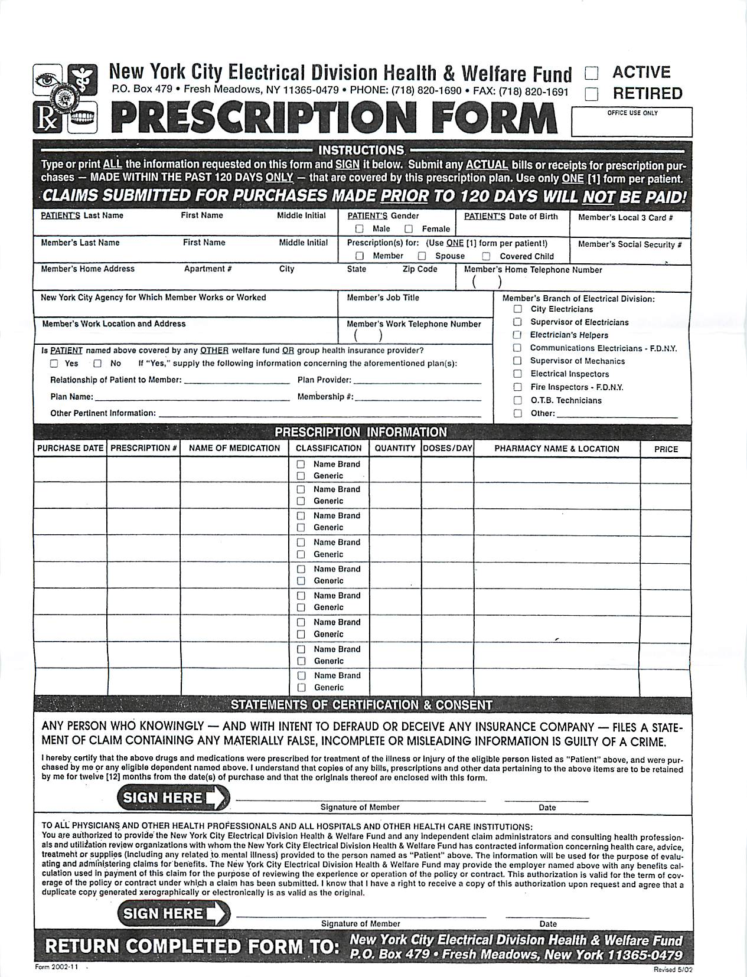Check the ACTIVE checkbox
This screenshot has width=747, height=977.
click(x=591, y=73)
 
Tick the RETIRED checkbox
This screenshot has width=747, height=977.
click(x=591, y=94)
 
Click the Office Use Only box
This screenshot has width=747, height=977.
click(x=631, y=123)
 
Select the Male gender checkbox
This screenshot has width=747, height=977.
click(x=359, y=229)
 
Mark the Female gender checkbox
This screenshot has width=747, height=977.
click(x=409, y=229)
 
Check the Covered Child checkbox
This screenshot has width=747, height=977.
click(x=486, y=256)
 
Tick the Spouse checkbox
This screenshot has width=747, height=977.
click(x=422, y=256)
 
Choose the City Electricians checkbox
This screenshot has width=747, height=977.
click(x=518, y=309)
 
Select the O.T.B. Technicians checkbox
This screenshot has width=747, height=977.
click(x=518, y=400)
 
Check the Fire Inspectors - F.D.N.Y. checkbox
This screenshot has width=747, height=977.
click(x=518, y=387)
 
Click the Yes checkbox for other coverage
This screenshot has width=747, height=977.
click(x=54, y=364)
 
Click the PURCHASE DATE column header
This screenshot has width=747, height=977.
click(x=70, y=448)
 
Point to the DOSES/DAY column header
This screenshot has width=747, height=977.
click(x=448, y=448)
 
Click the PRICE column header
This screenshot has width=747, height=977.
click(x=666, y=449)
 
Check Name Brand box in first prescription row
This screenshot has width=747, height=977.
click(x=301, y=465)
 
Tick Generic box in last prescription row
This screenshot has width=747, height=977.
click(x=301, y=688)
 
